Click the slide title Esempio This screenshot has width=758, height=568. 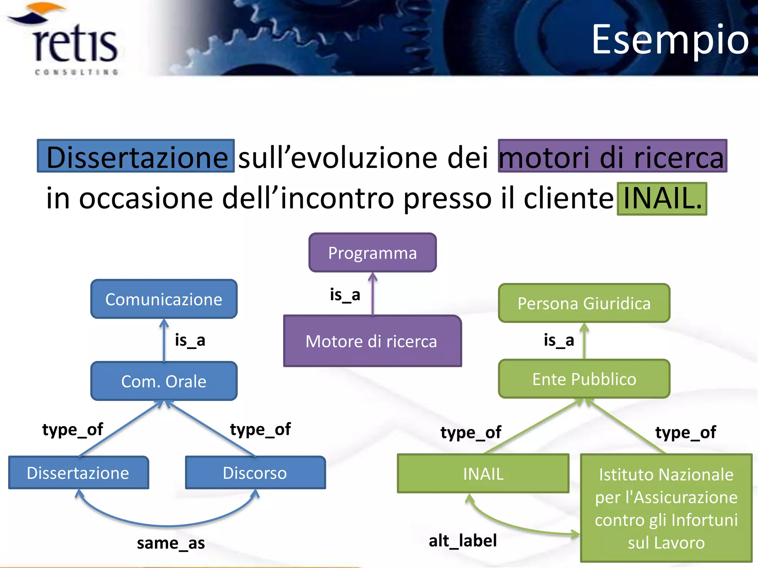(x=670, y=39)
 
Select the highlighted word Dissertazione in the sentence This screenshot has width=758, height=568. (x=136, y=156)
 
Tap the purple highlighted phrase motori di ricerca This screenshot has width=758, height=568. (x=612, y=156)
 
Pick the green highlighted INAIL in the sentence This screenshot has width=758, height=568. (x=662, y=199)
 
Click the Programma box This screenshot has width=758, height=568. (x=372, y=253)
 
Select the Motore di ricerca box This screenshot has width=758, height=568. (x=372, y=341)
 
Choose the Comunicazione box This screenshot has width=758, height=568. (x=164, y=299)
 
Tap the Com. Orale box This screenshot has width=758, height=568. (x=164, y=381)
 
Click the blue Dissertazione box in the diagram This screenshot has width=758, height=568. (x=78, y=473)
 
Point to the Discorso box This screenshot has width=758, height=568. (x=255, y=473)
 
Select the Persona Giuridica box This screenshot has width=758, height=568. (x=584, y=303)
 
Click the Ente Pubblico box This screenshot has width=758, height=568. (x=584, y=379)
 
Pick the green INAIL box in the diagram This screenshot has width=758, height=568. (x=483, y=474)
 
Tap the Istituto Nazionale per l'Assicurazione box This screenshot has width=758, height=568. (x=666, y=508)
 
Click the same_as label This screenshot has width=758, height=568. (x=171, y=543)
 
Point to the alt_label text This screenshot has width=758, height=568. (x=463, y=541)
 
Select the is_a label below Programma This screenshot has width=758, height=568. (x=345, y=295)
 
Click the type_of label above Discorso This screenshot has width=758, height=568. (x=260, y=429)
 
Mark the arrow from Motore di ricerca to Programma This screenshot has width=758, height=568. (x=373, y=294)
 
